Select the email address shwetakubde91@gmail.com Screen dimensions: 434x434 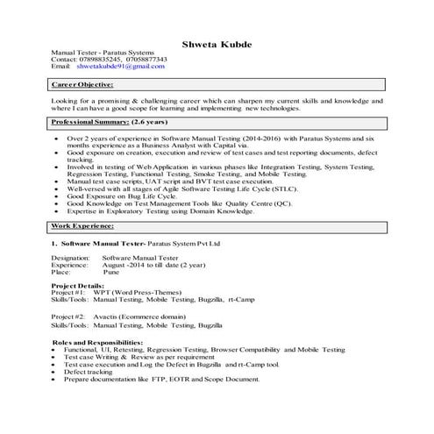pos(120,67)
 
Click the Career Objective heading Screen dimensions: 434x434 pos(82,85)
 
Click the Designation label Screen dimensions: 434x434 pos(70,259)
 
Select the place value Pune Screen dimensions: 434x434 pos(111,273)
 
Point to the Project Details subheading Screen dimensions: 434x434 pos(79,287)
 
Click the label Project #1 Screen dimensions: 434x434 pos(68,294)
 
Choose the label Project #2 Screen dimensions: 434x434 pos(68,315)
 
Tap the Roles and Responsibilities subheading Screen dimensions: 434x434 pos(96,341)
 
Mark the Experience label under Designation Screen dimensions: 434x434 pos(70,266)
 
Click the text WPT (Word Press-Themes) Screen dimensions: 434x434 pos(140,294)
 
